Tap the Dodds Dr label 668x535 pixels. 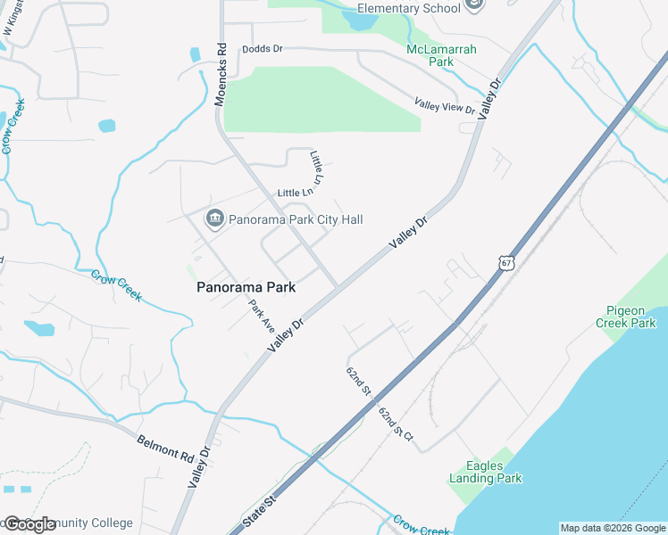click(x=262, y=50)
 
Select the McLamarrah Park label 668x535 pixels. click(x=441, y=55)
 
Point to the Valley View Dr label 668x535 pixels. click(x=445, y=107)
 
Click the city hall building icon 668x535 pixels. click(x=214, y=218)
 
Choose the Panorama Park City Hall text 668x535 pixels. click(x=296, y=219)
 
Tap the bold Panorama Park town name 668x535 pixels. click(x=246, y=287)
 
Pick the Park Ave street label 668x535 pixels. click(x=262, y=316)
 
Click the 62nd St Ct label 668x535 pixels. click(x=395, y=424)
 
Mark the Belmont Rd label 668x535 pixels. click(x=166, y=448)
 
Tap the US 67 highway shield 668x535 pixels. click(x=505, y=265)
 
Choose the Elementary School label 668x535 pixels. click(x=408, y=8)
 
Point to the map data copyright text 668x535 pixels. click(x=613, y=528)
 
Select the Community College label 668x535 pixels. click(x=86, y=523)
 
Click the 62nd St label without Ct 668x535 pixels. click(x=358, y=380)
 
